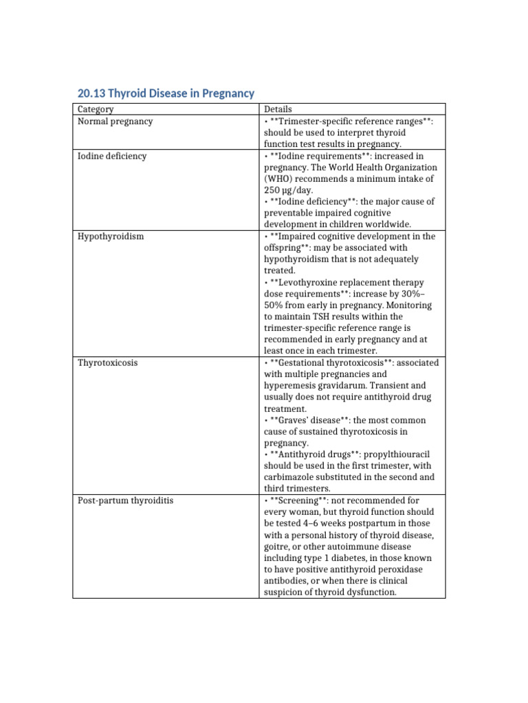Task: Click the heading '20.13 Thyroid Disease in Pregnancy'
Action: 166,93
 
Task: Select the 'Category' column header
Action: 96,109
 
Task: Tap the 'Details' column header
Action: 278,109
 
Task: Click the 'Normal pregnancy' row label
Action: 115,122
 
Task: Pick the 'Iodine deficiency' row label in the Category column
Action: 112,156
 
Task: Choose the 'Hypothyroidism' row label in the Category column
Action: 111,236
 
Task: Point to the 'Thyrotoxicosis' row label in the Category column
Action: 107,362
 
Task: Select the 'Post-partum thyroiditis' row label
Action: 125,500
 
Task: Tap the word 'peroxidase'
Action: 410,570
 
